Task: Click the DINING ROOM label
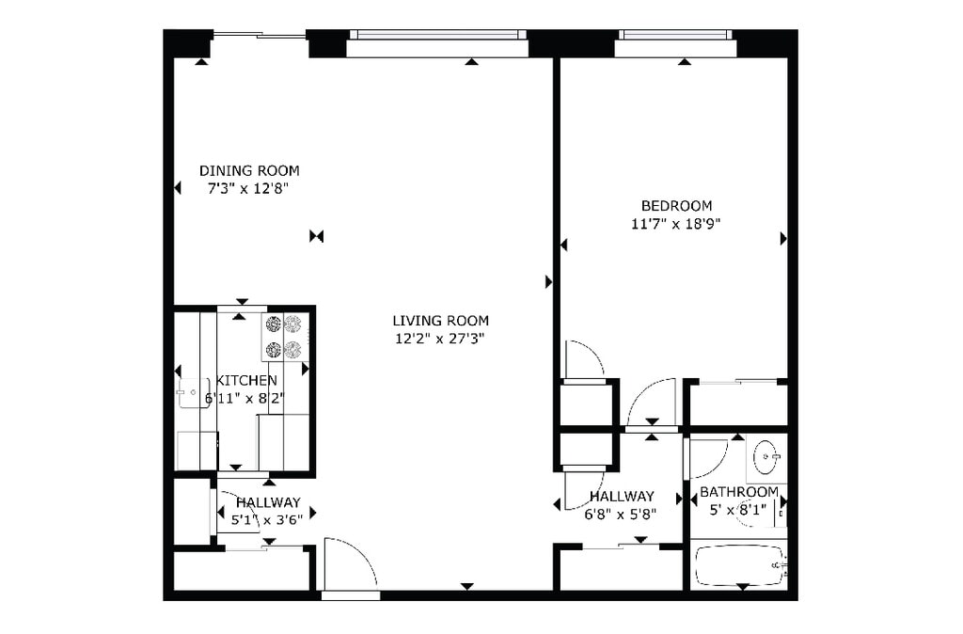pyautogui.click(x=249, y=170)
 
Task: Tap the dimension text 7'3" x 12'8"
pyautogui.click(x=246, y=188)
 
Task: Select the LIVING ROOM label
pyautogui.click(x=440, y=321)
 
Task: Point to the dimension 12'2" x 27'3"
pyautogui.click(x=440, y=339)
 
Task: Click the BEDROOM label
pyautogui.click(x=676, y=206)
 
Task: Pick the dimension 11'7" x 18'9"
pyautogui.click(x=676, y=224)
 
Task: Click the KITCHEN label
pyautogui.click(x=246, y=380)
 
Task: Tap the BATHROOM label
pyautogui.click(x=738, y=492)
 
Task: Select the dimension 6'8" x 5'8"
pyautogui.click(x=621, y=514)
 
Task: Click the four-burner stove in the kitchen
pyautogui.click(x=284, y=337)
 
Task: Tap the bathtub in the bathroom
pyautogui.click(x=739, y=565)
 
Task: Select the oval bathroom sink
pyautogui.click(x=766, y=460)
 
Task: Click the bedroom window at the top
pyautogui.click(x=675, y=36)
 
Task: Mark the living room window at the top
pyautogui.click(x=437, y=36)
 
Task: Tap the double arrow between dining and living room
pyautogui.click(x=316, y=236)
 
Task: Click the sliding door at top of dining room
pyautogui.click(x=259, y=36)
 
